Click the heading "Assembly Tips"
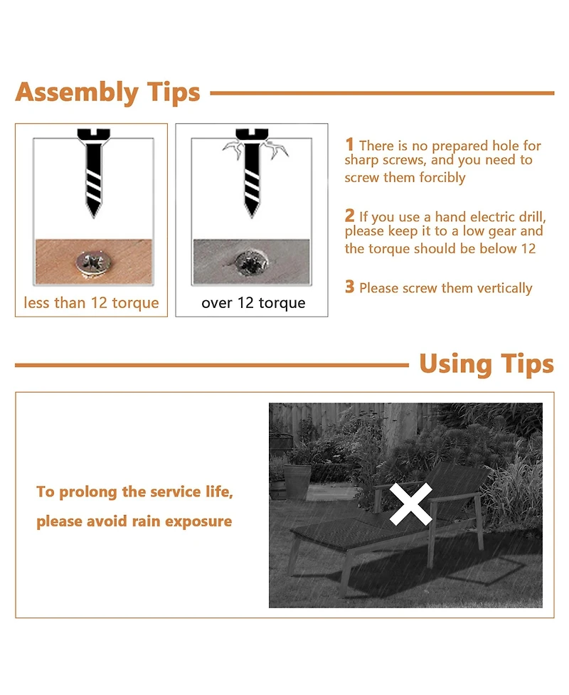coord(107,93)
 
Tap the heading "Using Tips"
coord(486,364)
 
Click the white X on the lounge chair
coord(411,504)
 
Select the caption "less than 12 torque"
coord(91,303)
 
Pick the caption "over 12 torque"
coord(253,303)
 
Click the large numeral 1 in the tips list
coord(350,144)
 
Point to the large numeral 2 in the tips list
coord(350,216)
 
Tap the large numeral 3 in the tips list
coord(350,287)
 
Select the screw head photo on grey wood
coord(251,262)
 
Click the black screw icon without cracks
coord(93,172)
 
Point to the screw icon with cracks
coord(252,172)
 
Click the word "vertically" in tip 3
coord(504,288)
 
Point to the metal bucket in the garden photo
coord(297,482)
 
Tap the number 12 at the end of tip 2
coord(528,249)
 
